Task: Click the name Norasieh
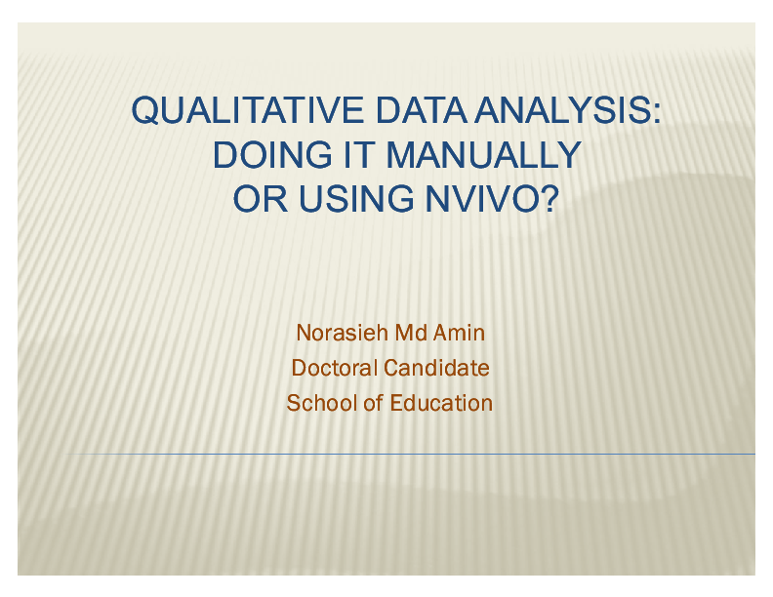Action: point(342,333)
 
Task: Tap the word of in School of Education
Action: point(373,402)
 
